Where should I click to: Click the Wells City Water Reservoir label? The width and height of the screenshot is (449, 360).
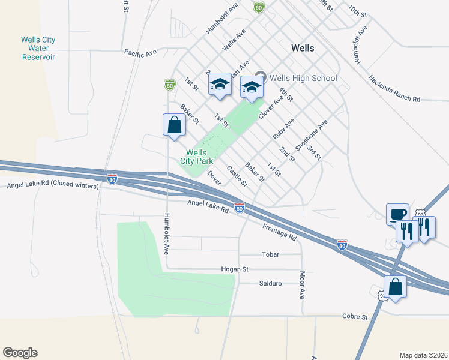(x=38, y=49)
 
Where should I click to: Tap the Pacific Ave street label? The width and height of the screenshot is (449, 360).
(x=140, y=53)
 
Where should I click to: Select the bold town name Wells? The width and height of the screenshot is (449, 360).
(x=303, y=47)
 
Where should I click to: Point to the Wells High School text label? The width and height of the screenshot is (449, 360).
(x=303, y=78)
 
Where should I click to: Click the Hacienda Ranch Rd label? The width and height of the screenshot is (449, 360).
(x=394, y=89)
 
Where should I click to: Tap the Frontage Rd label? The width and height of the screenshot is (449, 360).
(x=279, y=232)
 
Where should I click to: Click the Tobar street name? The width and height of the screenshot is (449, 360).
(x=271, y=254)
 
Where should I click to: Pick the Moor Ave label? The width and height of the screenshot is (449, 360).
(x=302, y=285)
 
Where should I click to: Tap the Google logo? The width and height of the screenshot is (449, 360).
(x=20, y=353)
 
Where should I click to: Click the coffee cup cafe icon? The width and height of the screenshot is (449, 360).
(x=397, y=214)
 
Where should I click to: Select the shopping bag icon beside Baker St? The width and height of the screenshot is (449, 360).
(x=174, y=125)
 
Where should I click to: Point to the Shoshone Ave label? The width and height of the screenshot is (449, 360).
(x=311, y=136)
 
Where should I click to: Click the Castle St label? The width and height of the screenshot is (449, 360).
(x=237, y=176)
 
